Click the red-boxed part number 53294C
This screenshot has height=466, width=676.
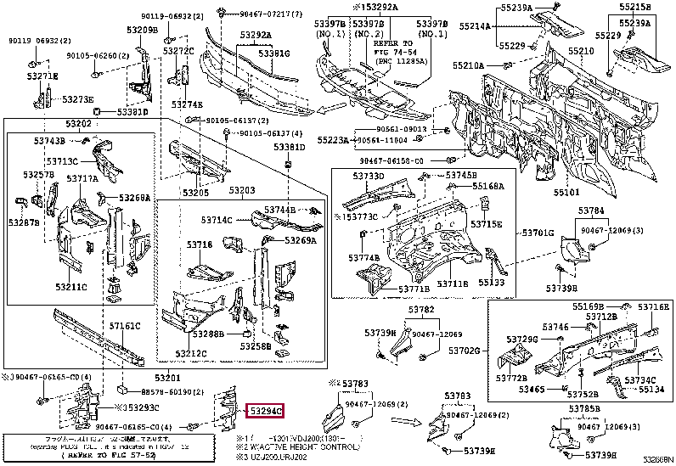(x=266, y=411)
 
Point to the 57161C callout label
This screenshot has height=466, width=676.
(x=124, y=326)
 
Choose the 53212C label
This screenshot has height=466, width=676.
(x=192, y=352)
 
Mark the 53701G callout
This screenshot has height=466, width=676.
(x=537, y=232)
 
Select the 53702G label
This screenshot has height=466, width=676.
(x=465, y=350)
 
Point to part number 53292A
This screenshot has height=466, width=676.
(x=254, y=35)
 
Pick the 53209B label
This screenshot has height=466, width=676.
(x=143, y=31)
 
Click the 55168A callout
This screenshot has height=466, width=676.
(x=487, y=186)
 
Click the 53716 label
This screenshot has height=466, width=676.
(x=199, y=244)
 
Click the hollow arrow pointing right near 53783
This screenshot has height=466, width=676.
(x=409, y=419)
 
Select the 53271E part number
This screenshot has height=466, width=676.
(x=41, y=76)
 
